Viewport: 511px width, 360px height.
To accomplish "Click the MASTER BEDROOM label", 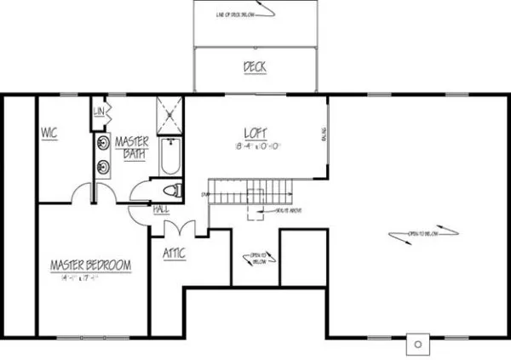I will (x=90, y=266).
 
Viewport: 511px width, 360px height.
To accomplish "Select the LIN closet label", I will (x=99, y=111).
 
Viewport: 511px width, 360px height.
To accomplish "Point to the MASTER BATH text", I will (x=132, y=146).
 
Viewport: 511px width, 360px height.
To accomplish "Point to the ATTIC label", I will (x=175, y=253).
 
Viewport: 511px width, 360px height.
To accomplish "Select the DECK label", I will (x=255, y=66).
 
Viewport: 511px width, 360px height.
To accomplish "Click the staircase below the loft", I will (x=251, y=191).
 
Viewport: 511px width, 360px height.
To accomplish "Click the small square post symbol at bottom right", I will (x=417, y=344).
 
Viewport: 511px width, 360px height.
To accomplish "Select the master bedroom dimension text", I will (x=89, y=277).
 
